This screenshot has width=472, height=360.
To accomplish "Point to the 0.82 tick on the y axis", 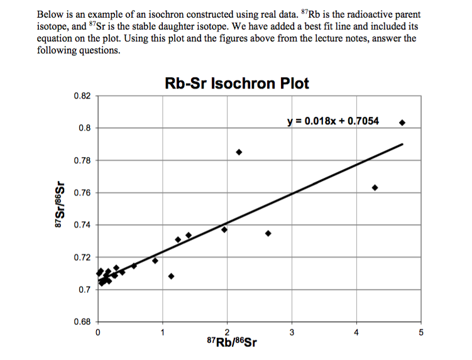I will coord(82,96).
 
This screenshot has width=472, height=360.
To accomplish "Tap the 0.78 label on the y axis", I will coord(82,161).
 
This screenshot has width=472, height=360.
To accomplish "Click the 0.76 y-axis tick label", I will coord(82,193).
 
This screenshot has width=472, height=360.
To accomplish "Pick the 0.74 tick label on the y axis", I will coord(82,226).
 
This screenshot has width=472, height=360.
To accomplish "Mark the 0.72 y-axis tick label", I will coord(82,258).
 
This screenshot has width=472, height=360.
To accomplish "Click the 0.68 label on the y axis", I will coord(82,322).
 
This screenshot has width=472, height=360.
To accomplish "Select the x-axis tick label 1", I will coord(163,332).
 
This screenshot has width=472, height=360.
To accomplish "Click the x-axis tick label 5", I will coord(422,332).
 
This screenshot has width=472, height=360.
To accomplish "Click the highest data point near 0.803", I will coord(402,123).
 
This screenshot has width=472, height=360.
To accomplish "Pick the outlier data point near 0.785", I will coord(239,152).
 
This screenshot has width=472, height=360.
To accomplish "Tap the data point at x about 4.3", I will coord(375,187).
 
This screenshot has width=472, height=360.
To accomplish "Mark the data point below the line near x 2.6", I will coord(268,233).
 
